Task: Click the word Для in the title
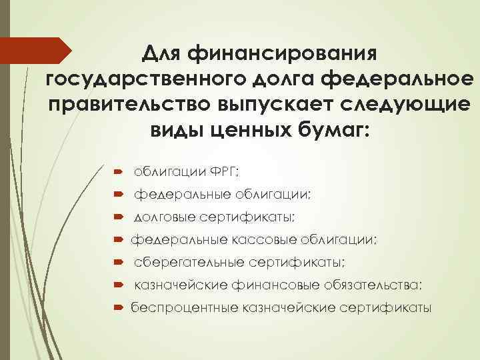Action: click(166, 51)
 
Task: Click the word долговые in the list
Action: click(162, 217)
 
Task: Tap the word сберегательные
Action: click(188, 263)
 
